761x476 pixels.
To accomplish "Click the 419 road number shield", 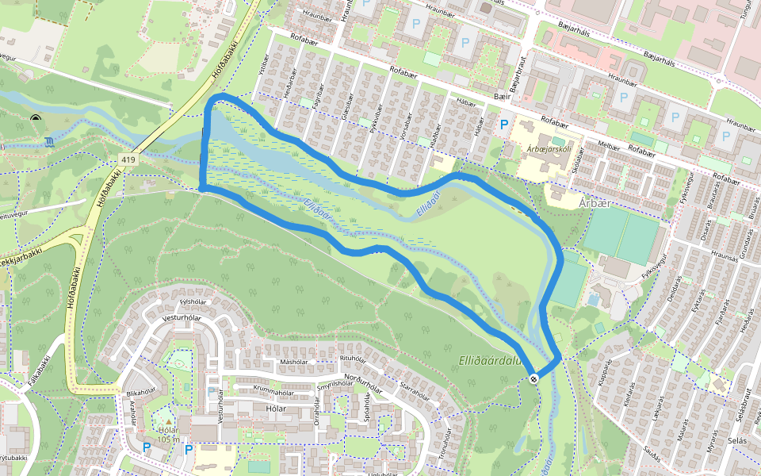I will [x=128, y=160].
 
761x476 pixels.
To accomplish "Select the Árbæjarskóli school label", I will [x=549, y=149].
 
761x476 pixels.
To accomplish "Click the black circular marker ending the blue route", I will [x=535, y=378].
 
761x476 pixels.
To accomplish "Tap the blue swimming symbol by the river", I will [x=51, y=143].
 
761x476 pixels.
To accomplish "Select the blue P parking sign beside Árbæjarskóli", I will [x=503, y=125].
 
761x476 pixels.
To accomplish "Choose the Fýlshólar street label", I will [x=193, y=301].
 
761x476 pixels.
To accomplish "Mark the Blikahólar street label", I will [x=140, y=392].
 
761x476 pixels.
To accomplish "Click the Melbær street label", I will [x=608, y=144].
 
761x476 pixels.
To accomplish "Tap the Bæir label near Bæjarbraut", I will [x=502, y=95].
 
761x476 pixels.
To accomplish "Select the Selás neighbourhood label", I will [x=737, y=462].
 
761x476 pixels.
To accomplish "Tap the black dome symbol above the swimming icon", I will [x=36, y=119].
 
